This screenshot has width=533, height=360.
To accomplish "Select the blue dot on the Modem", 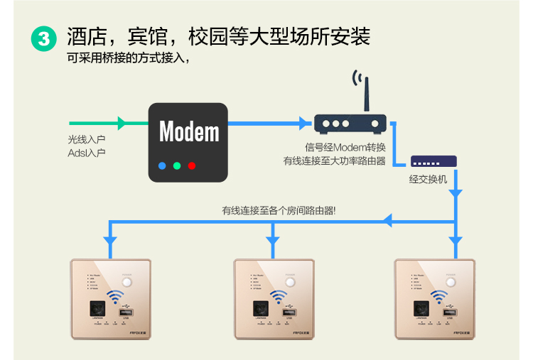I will pos(162,165).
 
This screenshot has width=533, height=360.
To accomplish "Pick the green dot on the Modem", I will pos(177,165).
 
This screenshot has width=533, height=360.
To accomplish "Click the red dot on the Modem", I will pos(192,165).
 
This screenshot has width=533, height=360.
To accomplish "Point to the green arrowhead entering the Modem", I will pos(122,124).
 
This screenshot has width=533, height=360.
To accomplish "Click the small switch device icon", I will pos(434,161).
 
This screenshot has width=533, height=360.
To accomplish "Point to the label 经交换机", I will pos(428,179).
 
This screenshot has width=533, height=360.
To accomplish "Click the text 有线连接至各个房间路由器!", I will pos(279,210).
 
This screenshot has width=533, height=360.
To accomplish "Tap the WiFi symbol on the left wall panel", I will pos(114,297).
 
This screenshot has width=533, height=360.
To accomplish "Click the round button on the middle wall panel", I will pos(289,283).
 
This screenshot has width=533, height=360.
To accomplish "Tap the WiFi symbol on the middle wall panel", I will pos(278,297).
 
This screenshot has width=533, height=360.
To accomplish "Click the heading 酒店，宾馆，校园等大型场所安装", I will pos(219,37).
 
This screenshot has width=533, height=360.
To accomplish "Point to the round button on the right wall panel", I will pos(450,283).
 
